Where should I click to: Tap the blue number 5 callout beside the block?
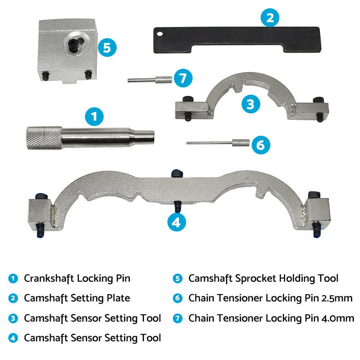[107, 48]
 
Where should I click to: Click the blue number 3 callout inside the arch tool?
[251, 104]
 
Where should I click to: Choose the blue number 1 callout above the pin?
[94, 116]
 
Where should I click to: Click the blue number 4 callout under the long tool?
[176, 222]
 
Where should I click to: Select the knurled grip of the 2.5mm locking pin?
[240, 143]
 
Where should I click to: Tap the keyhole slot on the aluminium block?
[75, 45]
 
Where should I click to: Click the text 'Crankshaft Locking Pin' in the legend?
[77, 278]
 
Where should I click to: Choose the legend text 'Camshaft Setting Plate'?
[77, 298]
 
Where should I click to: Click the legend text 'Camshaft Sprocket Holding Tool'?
[263, 278]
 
